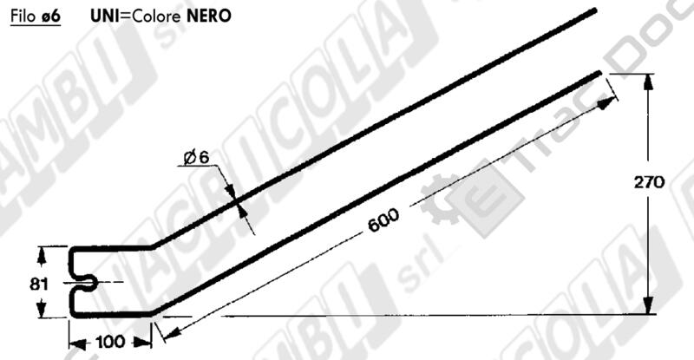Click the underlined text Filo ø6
point(35,16)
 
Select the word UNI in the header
point(103,16)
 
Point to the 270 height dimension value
point(648,182)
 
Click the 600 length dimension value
point(383,220)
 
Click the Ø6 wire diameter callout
point(196,157)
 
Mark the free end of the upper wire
point(595,10)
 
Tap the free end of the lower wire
point(598,74)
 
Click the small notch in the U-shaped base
point(88,282)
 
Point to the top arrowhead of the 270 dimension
point(647,81)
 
